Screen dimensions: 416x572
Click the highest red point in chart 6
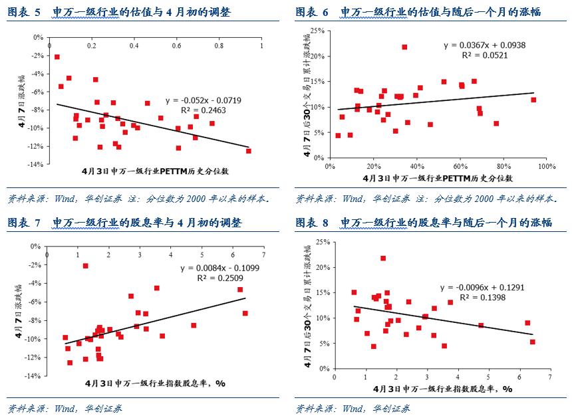click(x=404, y=47)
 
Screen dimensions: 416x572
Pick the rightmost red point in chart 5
click(x=249, y=151)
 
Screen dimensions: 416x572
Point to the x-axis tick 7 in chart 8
click(x=549, y=377)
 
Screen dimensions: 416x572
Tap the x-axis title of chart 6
click(x=438, y=179)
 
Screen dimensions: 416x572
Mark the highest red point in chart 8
click(x=383, y=259)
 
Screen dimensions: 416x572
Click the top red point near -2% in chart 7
click(x=85, y=266)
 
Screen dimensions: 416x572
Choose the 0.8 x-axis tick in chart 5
click(x=219, y=47)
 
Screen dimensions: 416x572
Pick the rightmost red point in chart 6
click(x=533, y=100)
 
